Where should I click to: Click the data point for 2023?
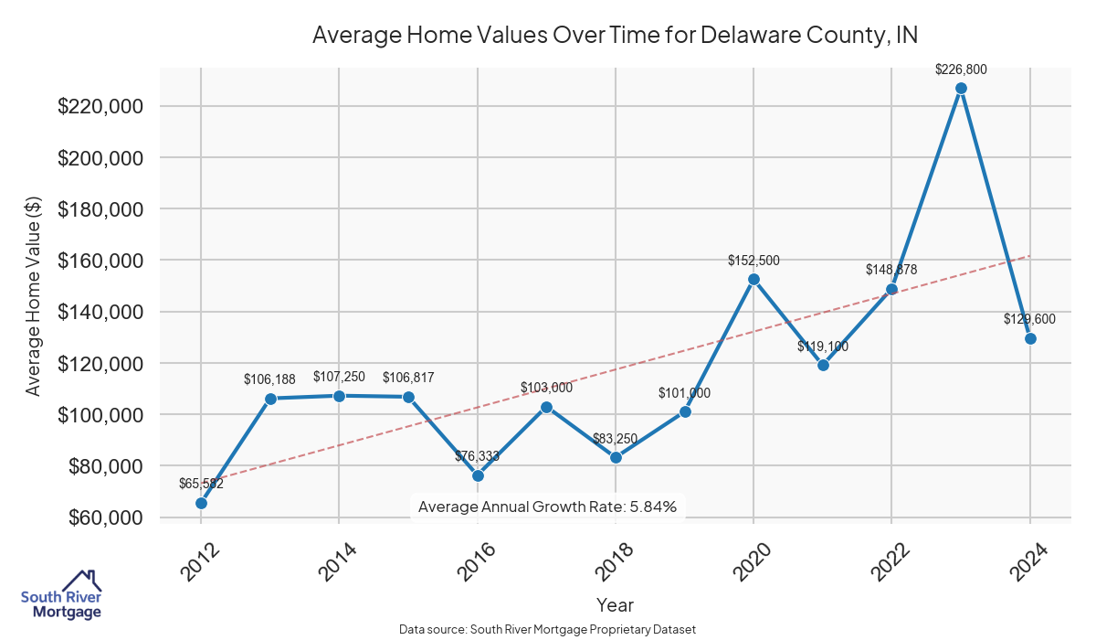pyautogui.click(x=961, y=89)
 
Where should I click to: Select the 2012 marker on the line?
pyautogui.click(x=201, y=503)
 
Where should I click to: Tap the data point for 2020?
pyautogui.click(x=753, y=279)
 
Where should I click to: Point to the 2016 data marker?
pyautogui.click(x=478, y=475)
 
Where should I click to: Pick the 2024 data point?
pyautogui.click(x=1030, y=338)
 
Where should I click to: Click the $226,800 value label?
pyautogui.click(x=961, y=69)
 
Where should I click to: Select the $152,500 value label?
pyautogui.click(x=753, y=261)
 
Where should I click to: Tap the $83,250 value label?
pyautogui.click(x=616, y=439)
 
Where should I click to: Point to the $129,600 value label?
pyautogui.click(x=1029, y=319)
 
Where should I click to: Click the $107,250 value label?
pyautogui.click(x=339, y=377)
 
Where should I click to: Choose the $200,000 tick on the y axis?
pyautogui.click(x=100, y=158)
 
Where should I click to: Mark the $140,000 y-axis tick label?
pyautogui.click(x=100, y=312)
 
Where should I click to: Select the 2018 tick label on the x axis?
pyautogui.click(x=610, y=560)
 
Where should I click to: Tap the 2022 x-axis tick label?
pyautogui.click(x=887, y=560)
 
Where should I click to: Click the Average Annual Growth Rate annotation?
pyautogui.click(x=547, y=507)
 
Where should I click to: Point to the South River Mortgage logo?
pyautogui.click(x=61, y=594)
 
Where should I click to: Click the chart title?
pyautogui.click(x=615, y=36)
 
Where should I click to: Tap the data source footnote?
pyautogui.click(x=548, y=630)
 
